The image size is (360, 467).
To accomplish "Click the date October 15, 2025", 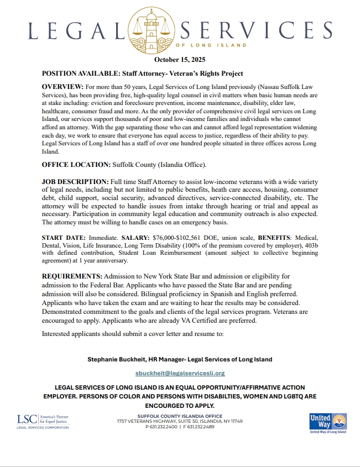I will tap(180, 60).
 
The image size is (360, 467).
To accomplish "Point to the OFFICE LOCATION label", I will tap(76, 165).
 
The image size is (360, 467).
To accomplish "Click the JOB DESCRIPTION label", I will tap(75, 182).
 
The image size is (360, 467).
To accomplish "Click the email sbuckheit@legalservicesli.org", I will tap(180, 373).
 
